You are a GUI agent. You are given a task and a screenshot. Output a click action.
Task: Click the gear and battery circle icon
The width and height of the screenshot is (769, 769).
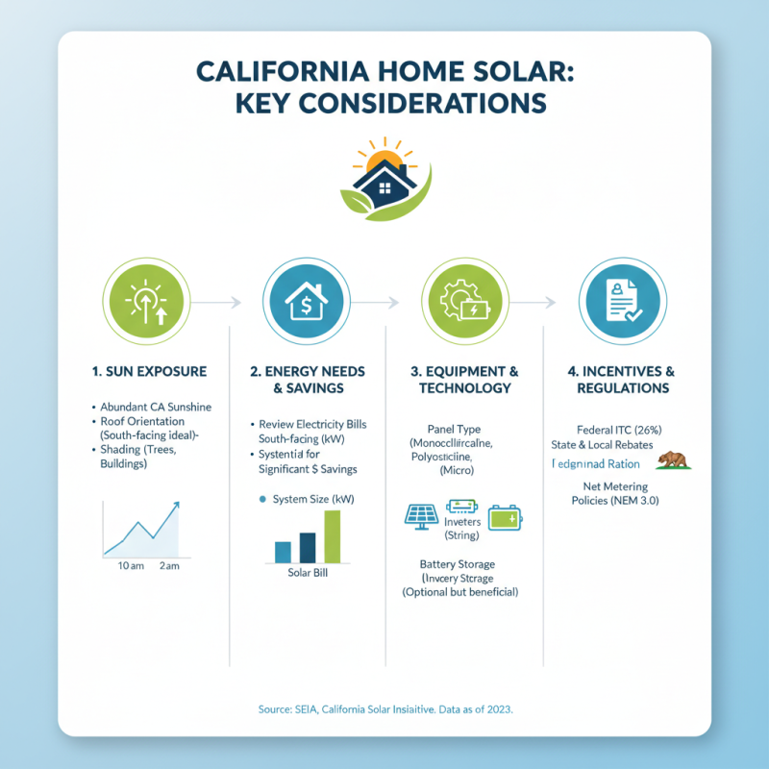pyautogui.click(x=464, y=303)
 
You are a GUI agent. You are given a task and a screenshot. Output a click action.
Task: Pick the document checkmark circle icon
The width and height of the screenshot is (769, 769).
pyautogui.click(x=619, y=303)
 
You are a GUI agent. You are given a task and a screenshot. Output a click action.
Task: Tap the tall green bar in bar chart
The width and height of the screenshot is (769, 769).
pyautogui.click(x=333, y=536)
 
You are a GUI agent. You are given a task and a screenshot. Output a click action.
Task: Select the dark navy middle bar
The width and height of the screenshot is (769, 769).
pyautogui.click(x=308, y=547)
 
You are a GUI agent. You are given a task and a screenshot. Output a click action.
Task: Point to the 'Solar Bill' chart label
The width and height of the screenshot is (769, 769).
pyautogui.click(x=308, y=574)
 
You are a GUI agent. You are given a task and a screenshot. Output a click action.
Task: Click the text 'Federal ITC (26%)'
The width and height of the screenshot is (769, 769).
pyautogui.click(x=615, y=429)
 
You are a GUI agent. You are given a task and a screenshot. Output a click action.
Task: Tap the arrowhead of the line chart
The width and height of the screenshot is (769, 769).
pyautogui.click(x=176, y=505)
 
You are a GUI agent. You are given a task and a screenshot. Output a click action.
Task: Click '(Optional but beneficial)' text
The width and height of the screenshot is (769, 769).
pyautogui.click(x=459, y=593)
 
